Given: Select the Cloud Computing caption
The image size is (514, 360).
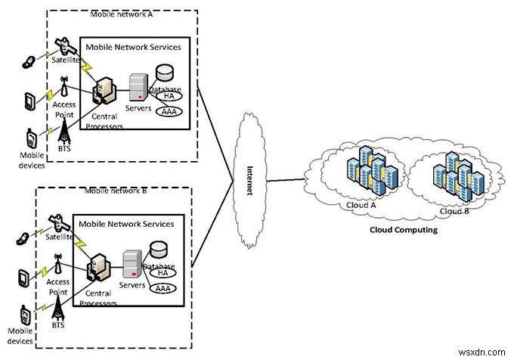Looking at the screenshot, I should click(402, 229).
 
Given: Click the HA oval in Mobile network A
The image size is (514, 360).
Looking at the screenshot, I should click(169, 98).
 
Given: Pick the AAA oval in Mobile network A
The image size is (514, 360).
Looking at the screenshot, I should click(169, 112).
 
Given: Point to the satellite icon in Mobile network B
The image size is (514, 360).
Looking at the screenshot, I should click(57, 222).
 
